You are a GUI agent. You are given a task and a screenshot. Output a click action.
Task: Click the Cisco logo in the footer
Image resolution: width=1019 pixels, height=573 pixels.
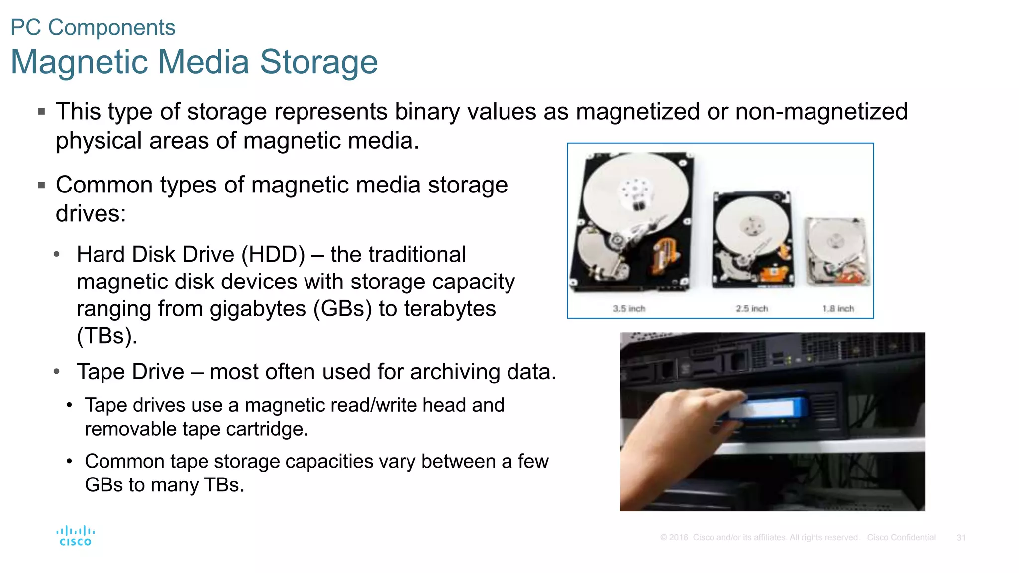point(75,536)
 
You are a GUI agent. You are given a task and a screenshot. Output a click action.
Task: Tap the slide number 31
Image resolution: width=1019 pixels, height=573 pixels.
point(961,538)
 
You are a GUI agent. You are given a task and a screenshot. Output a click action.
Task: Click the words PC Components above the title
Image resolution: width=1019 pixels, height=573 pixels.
point(93,28)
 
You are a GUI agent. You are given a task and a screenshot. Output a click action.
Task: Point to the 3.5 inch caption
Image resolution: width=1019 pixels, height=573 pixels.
point(629,309)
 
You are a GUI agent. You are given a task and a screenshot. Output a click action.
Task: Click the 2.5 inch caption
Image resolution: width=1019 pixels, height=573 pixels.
point(752,309)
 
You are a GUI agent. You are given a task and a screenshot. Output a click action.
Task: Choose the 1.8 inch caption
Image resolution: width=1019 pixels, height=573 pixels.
point(838,309)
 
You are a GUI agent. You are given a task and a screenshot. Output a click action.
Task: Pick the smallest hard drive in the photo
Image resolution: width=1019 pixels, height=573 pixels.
point(837,251)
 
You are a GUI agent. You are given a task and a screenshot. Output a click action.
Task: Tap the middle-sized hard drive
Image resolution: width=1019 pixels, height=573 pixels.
point(752,239)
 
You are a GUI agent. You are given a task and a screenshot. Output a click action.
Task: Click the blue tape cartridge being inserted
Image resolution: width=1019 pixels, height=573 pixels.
point(769,409)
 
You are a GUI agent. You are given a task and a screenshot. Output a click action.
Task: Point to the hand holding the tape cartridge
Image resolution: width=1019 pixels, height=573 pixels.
point(677,438)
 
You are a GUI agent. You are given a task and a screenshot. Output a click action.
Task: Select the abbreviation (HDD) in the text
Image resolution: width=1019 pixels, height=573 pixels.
point(273,255)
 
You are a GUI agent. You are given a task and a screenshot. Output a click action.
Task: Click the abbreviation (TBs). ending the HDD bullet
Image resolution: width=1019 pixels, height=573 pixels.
point(107,336)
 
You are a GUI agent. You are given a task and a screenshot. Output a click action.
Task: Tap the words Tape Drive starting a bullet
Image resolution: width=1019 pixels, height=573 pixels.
point(130,372)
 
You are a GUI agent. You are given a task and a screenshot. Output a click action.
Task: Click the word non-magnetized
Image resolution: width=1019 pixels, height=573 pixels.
point(821,112)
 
